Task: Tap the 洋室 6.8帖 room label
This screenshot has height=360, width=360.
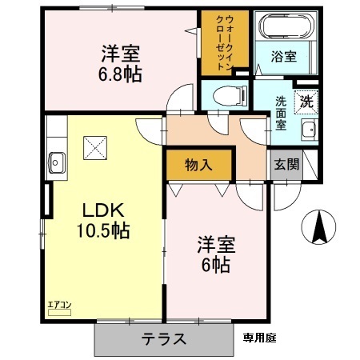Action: (x=121, y=63)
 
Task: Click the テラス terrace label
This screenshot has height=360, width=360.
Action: (x=164, y=339)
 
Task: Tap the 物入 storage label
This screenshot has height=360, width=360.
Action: (x=198, y=166)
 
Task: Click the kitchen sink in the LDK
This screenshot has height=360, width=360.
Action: (x=58, y=158)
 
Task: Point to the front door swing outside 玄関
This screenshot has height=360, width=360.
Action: (x=286, y=194)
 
